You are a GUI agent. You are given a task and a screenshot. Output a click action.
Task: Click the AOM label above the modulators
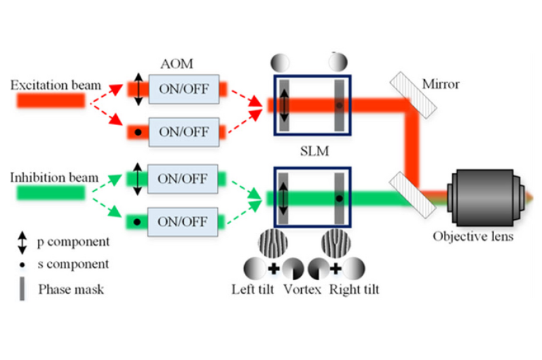[177, 64]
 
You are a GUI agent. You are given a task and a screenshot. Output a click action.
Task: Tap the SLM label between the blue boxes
[314, 151]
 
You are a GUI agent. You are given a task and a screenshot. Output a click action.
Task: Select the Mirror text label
[441, 84]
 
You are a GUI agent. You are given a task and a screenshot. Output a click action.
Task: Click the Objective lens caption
[473, 236]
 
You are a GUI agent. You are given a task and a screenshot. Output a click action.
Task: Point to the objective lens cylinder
[485, 198]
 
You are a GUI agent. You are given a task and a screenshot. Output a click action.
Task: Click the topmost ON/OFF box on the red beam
[184, 89]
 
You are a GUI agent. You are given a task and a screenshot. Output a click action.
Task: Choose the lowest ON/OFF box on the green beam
[183, 222]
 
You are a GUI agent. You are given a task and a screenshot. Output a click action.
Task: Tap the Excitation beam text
[56, 85]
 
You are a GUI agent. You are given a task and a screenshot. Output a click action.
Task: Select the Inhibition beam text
[54, 177]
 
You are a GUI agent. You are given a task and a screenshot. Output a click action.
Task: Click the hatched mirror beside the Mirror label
[414, 95]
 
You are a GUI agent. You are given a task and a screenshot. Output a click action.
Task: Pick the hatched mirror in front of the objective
[413, 195]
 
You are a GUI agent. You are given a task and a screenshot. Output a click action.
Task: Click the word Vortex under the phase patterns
[302, 289]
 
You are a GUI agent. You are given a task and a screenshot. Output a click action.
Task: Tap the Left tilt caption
[253, 289]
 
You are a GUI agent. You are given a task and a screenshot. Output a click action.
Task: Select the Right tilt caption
[354, 289]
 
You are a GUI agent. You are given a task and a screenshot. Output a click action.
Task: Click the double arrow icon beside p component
[22, 242]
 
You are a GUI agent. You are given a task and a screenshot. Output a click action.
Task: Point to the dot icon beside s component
[22, 265]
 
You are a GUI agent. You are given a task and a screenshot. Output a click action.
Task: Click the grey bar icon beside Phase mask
[22, 289]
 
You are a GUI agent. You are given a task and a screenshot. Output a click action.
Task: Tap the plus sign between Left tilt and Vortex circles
[274, 268]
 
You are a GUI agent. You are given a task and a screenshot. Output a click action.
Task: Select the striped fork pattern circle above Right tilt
[336, 243]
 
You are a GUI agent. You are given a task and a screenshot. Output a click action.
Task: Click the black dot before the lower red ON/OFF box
[138, 132]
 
